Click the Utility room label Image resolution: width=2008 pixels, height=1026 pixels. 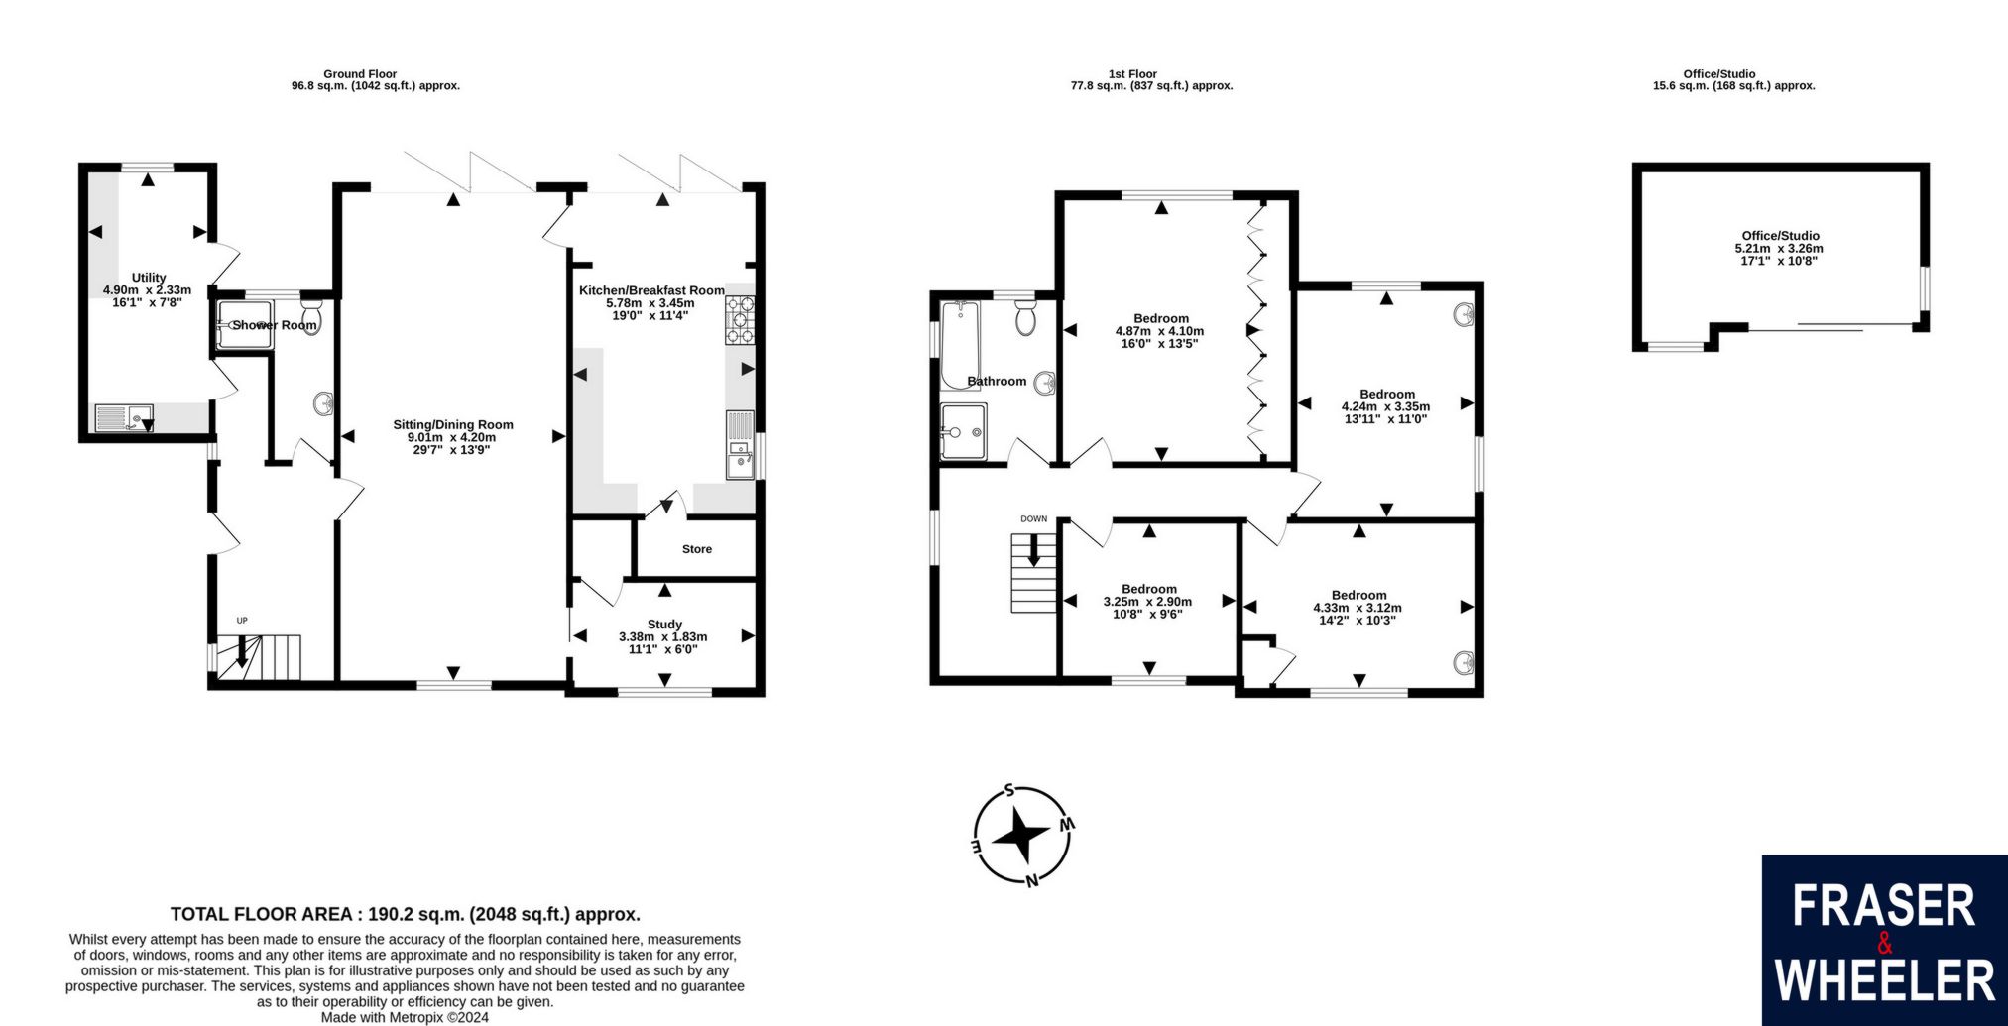click(149, 278)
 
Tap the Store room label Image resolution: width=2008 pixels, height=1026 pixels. click(697, 549)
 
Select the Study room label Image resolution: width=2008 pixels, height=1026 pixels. click(664, 624)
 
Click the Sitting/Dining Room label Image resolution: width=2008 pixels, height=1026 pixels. click(453, 424)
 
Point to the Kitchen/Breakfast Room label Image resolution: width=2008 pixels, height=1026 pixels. click(651, 290)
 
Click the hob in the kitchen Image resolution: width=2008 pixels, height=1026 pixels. click(740, 320)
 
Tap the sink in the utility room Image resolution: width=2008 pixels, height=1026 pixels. click(124, 418)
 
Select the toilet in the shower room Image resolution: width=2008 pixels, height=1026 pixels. click(311, 318)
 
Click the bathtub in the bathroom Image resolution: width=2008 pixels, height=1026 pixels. click(961, 344)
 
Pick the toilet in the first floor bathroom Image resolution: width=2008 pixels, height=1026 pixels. click(1026, 317)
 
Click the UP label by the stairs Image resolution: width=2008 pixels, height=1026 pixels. click(241, 621)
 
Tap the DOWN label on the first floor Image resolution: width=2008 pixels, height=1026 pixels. click(1033, 518)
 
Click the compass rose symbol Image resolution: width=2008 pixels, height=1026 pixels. click(1022, 836)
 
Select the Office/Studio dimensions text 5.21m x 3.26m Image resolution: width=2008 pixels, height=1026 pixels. click(1779, 249)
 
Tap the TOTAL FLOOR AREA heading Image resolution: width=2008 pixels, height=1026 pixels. click(406, 914)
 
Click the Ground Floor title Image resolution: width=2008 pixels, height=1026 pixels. click(360, 74)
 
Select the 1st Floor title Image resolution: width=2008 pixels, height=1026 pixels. click(1132, 74)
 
